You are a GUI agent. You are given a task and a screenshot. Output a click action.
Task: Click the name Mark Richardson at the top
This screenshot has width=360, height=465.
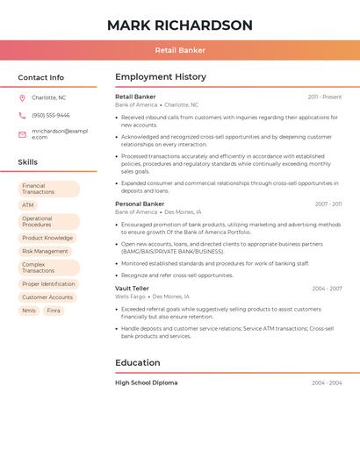(179, 25)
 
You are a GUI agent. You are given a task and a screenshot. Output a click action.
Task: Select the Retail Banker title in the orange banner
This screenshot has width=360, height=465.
(180, 50)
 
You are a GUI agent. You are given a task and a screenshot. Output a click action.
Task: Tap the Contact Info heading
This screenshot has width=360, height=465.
(41, 77)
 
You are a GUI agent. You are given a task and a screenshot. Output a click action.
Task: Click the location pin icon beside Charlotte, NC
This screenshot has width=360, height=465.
(22, 97)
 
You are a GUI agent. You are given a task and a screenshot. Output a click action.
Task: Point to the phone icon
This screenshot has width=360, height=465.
(22, 115)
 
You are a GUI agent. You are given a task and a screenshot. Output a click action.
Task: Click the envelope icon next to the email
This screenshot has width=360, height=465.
(22, 134)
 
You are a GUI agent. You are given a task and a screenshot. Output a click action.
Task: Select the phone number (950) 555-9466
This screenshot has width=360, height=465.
(51, 115)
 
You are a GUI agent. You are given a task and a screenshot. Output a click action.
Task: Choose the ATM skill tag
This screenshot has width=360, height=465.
(28, 205)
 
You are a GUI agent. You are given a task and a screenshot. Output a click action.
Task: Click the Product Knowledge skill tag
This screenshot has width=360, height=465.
(47, 238)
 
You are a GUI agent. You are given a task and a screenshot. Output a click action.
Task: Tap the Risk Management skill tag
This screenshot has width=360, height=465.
(45, 251)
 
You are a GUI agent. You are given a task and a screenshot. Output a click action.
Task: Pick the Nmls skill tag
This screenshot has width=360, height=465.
(29, 311)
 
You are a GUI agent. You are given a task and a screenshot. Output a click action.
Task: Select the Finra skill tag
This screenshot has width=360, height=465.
(54, 311)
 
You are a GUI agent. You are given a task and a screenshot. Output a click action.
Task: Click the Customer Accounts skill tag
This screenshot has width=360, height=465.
(47, 297)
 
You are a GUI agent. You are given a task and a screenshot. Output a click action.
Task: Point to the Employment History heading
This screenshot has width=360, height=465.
(161, 77)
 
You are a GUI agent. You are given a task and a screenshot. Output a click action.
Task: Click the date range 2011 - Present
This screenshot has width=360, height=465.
(325, 97)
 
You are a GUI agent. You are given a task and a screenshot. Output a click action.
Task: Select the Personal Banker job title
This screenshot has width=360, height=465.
(140, 204)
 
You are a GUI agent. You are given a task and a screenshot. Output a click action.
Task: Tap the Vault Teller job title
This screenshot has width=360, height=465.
(133, 288)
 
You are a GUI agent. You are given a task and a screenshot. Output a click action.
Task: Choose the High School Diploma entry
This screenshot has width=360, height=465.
(146, 383)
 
